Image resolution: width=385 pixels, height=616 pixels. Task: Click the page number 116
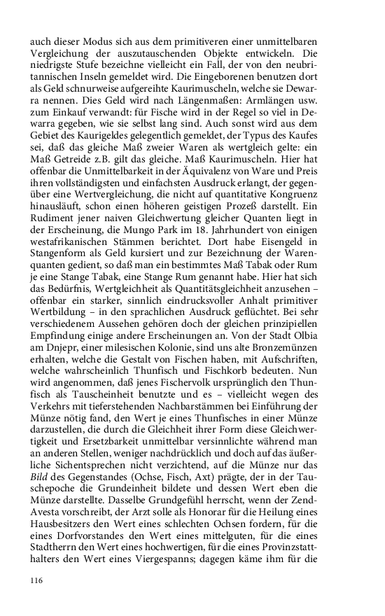37,580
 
